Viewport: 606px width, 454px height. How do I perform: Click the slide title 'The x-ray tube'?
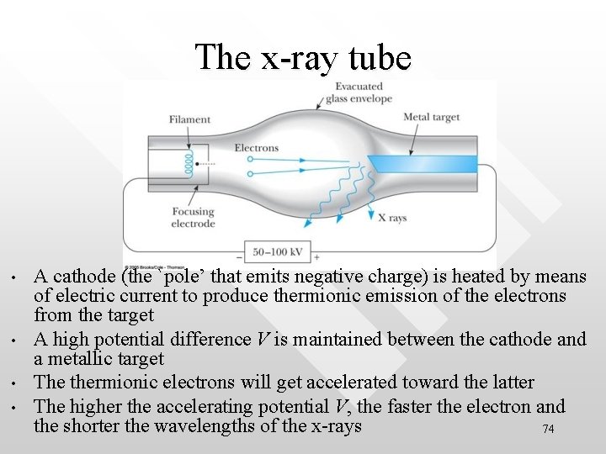[x=303, y=57]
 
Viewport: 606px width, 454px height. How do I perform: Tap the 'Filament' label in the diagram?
[x=189, y=119]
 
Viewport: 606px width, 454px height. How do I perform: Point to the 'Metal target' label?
[x=432, y=118]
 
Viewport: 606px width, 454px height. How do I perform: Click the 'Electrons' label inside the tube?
[x=256, y=148]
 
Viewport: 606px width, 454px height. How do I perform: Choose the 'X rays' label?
[x=391, y=218]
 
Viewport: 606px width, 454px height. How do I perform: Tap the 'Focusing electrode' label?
[x=193, y=218]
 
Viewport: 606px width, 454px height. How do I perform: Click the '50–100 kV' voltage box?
[x=278, y=251]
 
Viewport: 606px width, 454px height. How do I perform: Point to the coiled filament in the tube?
[x=191, y=162]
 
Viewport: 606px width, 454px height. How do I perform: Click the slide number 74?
[x=548, y=429]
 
